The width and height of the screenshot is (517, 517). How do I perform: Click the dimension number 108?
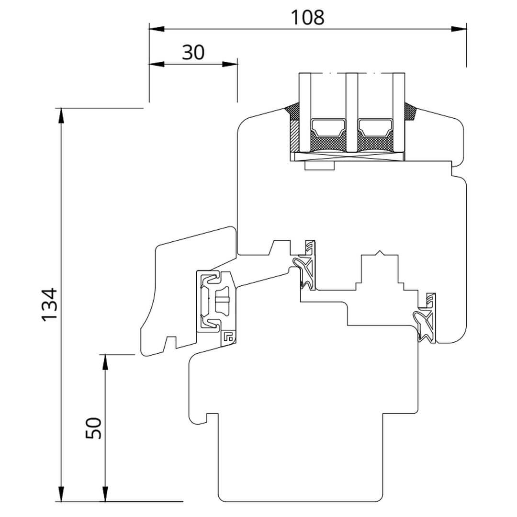(x=308, y=17)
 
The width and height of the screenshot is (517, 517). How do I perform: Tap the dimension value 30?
(x=193, y=52)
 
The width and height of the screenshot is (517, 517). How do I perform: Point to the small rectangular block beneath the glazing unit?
(x=320, y=166)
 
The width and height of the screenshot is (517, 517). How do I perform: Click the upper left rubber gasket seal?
(x=305, y=266)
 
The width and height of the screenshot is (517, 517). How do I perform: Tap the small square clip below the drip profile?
(x=228, y=337)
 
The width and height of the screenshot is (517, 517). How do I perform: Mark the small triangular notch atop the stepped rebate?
(x=380, y=252)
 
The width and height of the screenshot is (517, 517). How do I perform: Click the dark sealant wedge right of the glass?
(x=411, y=112)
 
